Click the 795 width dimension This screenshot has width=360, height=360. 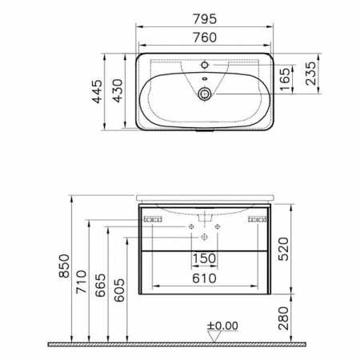click(x=205, y=19)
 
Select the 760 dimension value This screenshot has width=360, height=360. click(x=205, y=38)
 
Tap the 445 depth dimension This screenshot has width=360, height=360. click(x=97, y=91)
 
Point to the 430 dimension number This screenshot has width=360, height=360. click(x=118, y=91)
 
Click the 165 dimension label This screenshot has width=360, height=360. click(x=285, y=79)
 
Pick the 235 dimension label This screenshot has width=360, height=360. click(x=310, y=74)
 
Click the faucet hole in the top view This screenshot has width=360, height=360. click(x=205, y=65)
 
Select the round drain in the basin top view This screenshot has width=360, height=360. click(x=205, y=94)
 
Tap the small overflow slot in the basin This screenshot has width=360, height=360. click(x=205, y=78)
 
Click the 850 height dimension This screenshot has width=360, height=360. click(x=64, y=266)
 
